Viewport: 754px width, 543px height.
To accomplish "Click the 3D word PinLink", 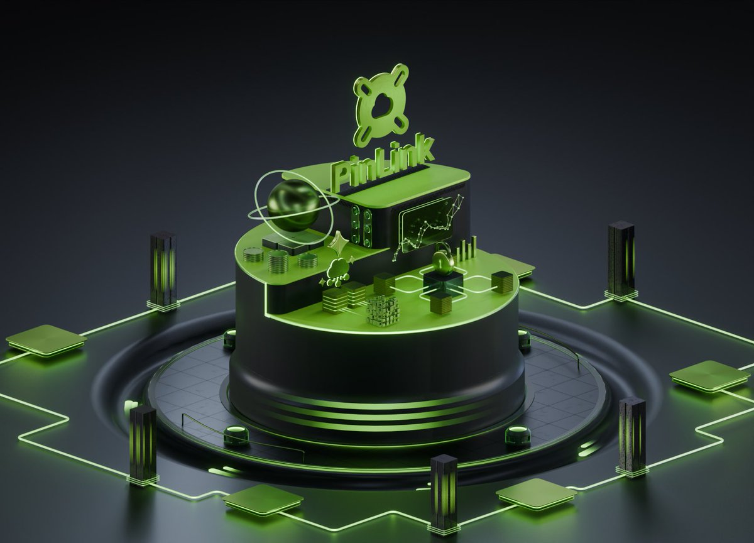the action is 383,163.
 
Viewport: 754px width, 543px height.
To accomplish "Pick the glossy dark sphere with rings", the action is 293,206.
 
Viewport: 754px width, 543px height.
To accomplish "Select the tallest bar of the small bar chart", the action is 474,248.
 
